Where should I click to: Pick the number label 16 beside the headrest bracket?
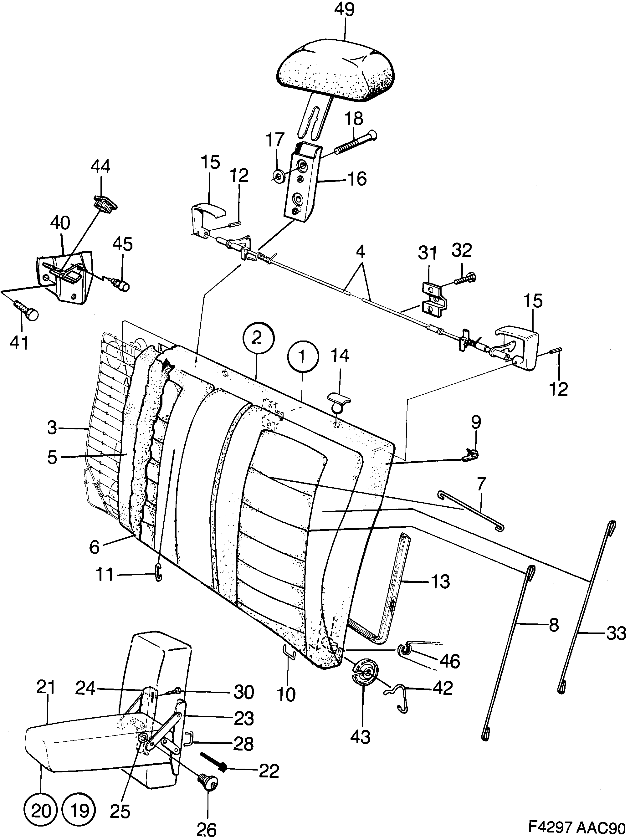click(357, 179)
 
